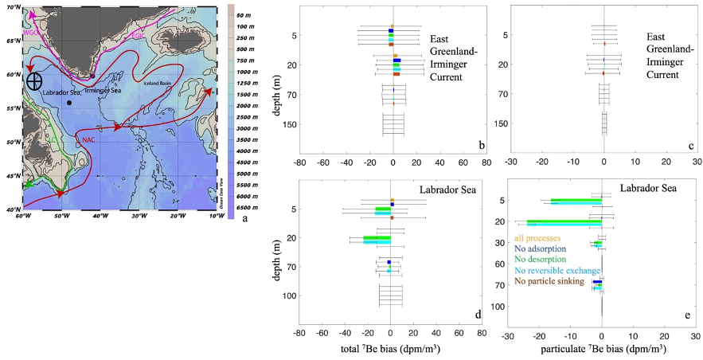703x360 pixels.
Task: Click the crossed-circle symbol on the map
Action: pos(34,80)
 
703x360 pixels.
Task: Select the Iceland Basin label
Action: pos(159,82)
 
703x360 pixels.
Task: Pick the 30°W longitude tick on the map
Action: pos(139,216)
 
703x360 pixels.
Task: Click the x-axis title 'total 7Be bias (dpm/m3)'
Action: pos(390,348)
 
